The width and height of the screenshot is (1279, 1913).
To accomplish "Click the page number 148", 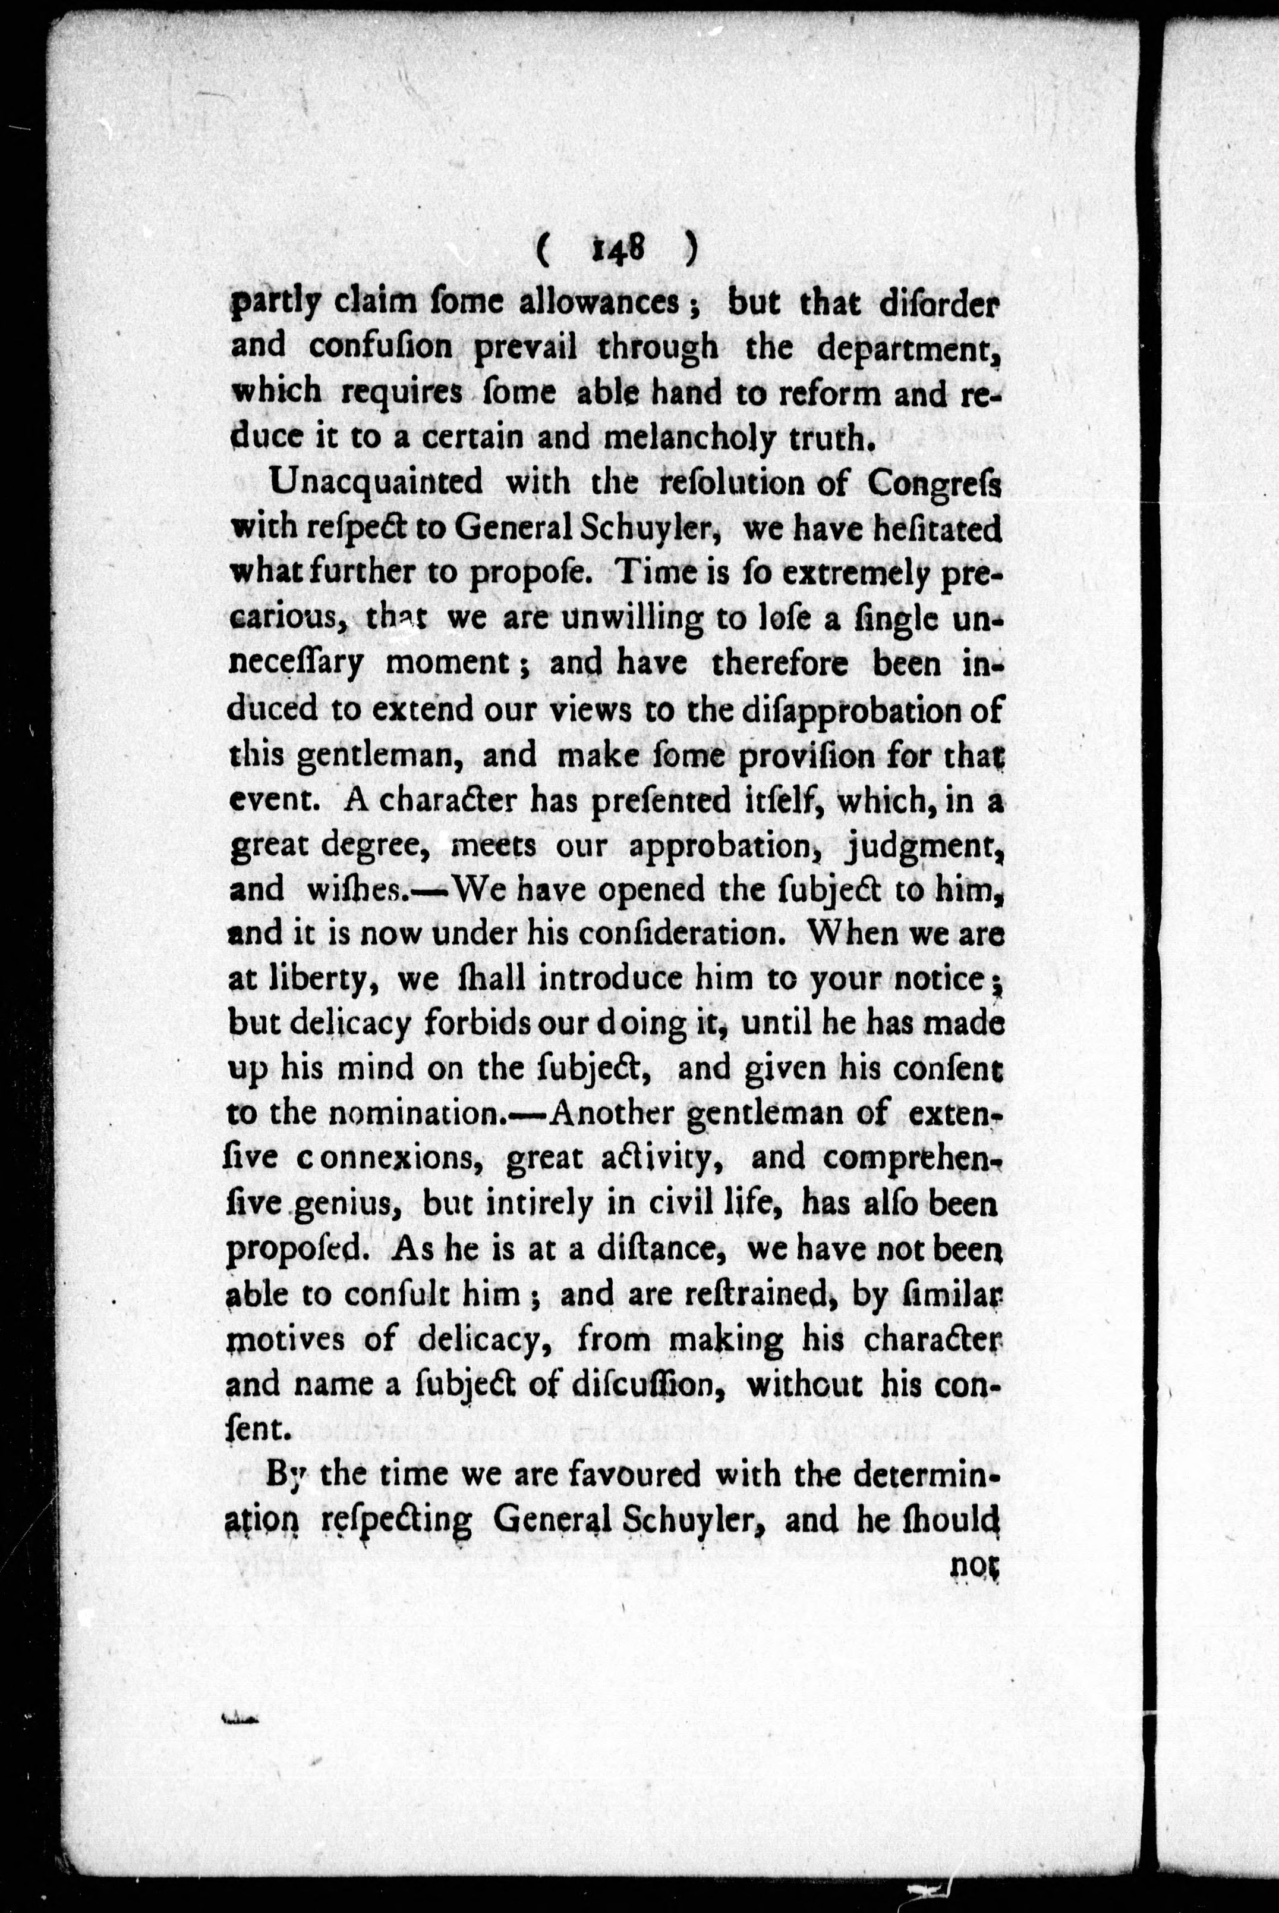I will pyautogui.click(x=618, y=249).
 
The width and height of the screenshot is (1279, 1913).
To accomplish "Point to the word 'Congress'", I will pyautogui.click(x=934, y=484).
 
